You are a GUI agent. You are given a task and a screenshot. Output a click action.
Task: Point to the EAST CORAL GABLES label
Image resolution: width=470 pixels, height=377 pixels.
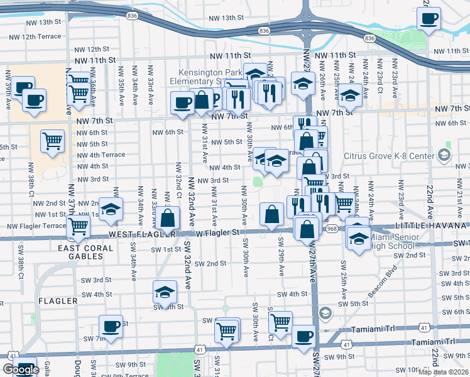tap(85, 248)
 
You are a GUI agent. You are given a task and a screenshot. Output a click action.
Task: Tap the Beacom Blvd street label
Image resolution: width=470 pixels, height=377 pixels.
tap(384, 281)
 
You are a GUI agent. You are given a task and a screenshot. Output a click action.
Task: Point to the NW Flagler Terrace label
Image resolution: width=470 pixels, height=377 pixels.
tap(36, 226)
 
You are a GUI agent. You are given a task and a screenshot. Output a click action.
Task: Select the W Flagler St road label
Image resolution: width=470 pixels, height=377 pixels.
tap(218, 232)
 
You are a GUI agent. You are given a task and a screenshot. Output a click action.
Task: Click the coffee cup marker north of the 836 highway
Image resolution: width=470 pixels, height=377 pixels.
tap(429, 18)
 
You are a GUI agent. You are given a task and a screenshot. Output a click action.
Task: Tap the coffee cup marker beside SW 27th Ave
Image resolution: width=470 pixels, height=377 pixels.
tap(303, 336)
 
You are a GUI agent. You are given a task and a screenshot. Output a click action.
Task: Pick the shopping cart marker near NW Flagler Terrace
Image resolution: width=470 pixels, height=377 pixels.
tap(79, 226)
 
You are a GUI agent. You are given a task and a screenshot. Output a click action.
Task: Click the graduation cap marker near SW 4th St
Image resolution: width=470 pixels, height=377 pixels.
tap(165, 292)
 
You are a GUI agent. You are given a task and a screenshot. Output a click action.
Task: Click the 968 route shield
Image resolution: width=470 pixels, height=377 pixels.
tap(332, 229)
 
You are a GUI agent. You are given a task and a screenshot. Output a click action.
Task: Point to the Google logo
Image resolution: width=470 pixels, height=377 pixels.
tap(21, 369)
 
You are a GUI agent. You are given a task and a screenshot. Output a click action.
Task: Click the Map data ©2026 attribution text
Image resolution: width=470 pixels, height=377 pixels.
tap(444, 372)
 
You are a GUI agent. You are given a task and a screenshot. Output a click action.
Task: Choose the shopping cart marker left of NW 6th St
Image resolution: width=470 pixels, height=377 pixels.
tap(52, 141)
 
